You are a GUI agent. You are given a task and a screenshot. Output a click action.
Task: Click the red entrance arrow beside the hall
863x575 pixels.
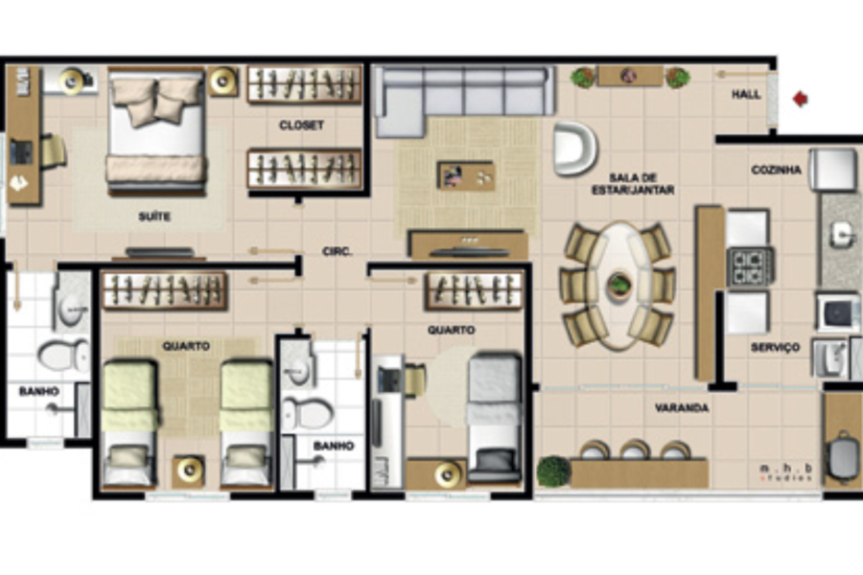point(801,99)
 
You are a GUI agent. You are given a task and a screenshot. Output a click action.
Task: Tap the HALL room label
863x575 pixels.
point(746,95)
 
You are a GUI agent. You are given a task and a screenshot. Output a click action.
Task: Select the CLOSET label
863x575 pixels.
point(301,126)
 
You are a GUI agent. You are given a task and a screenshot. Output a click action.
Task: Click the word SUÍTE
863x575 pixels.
point(154,217)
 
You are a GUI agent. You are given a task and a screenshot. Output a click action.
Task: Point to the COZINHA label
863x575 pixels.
point(776,170)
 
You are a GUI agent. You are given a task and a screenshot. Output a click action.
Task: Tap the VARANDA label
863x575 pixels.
point(682,407)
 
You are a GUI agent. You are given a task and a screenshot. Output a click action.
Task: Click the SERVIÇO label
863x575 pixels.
point(775,347)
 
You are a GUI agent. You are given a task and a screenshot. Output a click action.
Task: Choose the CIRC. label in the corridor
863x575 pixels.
point(337,251)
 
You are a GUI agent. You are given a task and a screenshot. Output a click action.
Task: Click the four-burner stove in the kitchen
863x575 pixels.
point(750,266)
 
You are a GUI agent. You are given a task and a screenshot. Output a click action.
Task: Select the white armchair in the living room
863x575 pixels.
point(574,148)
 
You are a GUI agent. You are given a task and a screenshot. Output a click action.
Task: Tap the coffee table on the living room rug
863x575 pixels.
point(466,175)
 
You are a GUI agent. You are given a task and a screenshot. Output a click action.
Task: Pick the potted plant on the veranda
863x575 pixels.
point(553,471)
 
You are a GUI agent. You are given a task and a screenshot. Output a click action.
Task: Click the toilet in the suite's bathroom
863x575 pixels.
point(62,355)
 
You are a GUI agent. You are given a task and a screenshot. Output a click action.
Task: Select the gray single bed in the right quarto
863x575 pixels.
point(494,418)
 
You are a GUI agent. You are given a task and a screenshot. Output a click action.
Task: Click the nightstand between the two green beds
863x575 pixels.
point(189,471)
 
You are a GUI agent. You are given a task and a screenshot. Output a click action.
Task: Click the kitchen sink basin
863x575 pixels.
point(842,236)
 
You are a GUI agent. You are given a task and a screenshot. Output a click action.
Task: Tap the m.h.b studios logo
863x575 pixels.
point(786,472)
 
